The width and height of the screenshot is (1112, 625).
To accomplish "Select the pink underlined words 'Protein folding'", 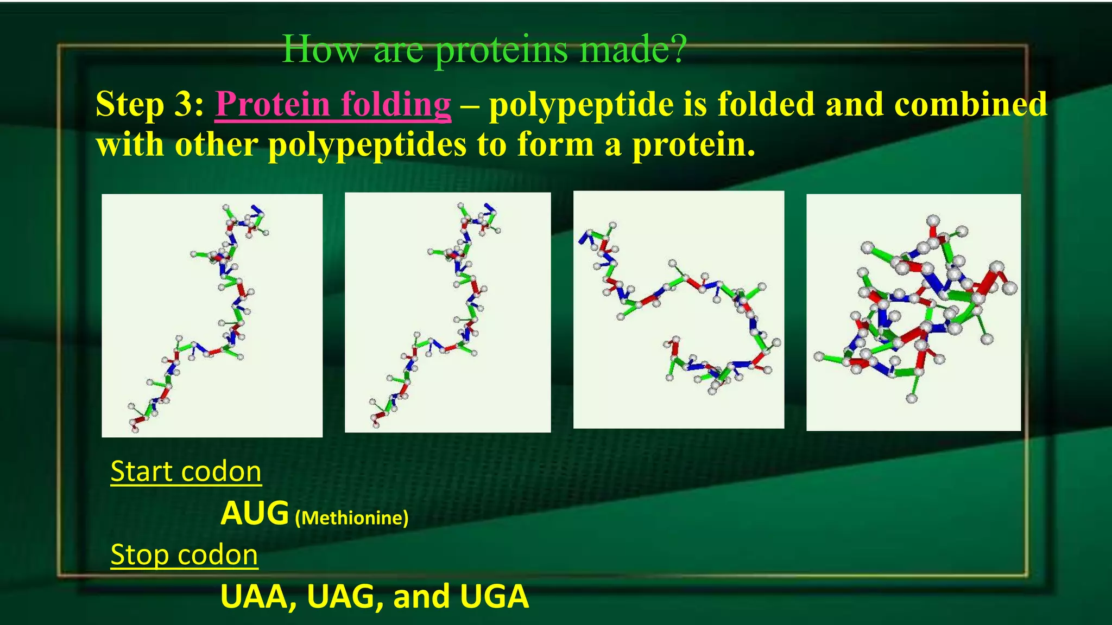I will (x=333, y=104).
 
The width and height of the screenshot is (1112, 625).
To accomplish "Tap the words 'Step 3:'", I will (x=150, y=104).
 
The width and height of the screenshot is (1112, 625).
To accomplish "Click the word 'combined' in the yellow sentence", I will (x=970, y=104).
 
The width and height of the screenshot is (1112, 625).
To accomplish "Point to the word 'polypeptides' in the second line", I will (x=367, y=145).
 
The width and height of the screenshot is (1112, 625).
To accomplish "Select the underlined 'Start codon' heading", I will (x=186, y=471).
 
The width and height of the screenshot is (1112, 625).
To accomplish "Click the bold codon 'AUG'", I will (x=254, y=513).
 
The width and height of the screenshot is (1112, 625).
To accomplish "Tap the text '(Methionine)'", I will (x=351, y=518).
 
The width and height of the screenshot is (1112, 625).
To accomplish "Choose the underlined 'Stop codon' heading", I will (x=184, y=554).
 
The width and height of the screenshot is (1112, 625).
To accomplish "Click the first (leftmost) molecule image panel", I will (x=212, y=315).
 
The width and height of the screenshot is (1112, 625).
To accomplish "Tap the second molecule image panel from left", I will (x=447, y=312).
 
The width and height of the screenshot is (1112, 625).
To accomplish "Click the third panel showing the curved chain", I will (x=679, y=309).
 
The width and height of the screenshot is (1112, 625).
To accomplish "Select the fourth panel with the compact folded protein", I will (x=913, y=312).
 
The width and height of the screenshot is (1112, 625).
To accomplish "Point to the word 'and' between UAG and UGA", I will (x=421, y=597).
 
